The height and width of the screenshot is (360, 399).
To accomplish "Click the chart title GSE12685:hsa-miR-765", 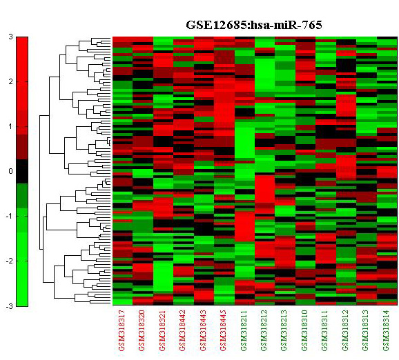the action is pos(254,25).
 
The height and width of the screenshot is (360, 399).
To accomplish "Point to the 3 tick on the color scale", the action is pos(10,37).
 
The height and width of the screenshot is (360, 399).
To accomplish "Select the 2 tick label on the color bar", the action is pos(10,81).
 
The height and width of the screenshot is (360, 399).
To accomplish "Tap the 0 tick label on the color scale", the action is pos(10,171).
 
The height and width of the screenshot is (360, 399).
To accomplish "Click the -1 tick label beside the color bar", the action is pos(9,216).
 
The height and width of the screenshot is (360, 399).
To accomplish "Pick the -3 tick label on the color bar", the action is pos(9,306).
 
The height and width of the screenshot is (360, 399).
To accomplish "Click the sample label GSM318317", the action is pos(122,330).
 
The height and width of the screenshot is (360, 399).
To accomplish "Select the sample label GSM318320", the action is pos(142,330).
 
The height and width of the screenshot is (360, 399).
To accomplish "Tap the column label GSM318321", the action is pos(163,330).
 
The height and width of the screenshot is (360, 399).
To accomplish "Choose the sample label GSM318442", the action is pos(183,330).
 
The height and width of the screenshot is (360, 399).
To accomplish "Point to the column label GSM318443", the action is pos(204,330).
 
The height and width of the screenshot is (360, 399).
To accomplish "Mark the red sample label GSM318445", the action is pos(224,330).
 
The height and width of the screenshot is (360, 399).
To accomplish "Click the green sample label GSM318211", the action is pos(244,330).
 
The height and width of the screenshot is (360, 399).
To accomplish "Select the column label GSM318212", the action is pos(264,330).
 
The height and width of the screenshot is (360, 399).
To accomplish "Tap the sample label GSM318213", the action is pos(284,330).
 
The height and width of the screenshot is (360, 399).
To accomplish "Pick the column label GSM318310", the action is pos(305,330).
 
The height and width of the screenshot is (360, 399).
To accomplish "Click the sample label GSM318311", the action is pos(325,330).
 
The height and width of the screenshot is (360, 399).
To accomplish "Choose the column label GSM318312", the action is pos(346,330).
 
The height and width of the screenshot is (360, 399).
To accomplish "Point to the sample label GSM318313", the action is pos(366,330).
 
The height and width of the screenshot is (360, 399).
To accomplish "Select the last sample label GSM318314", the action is pos(387,330).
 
